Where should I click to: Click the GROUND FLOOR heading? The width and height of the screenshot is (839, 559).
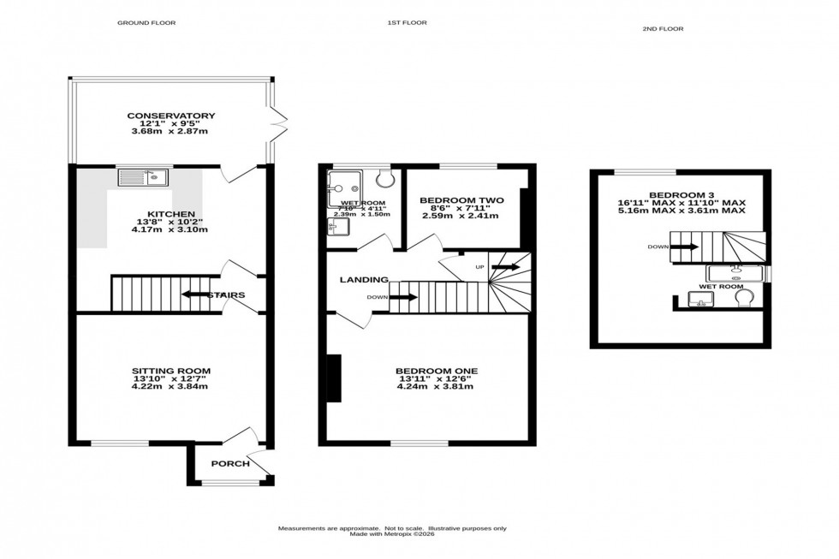coord(146,23)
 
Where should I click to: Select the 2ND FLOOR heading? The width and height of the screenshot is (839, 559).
coord(662,29)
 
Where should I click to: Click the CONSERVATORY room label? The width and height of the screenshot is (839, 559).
coord(170,116)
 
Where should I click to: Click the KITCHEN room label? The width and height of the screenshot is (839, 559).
coord(170,214)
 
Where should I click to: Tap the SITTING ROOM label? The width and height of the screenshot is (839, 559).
coord(170,370)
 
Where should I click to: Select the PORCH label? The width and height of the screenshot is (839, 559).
coord(230,464)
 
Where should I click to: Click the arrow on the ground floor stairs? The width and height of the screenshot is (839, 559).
coord(196,295)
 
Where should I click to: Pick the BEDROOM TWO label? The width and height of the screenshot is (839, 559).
coord(461,200)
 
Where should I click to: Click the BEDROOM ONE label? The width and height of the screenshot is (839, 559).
coord(436,371)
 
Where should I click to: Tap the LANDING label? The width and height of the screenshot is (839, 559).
coord(364,280)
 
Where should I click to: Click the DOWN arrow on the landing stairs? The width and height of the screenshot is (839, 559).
coord(404,298)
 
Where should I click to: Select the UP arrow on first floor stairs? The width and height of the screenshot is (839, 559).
coord(505,267)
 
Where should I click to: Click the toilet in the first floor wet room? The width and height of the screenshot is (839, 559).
coord(384,177)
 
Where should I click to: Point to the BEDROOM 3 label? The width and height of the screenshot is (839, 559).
coord(683,194)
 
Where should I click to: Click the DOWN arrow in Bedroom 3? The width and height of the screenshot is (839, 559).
coord(685,247)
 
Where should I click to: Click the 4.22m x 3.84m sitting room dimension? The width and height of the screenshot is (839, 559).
coord(170,386)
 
